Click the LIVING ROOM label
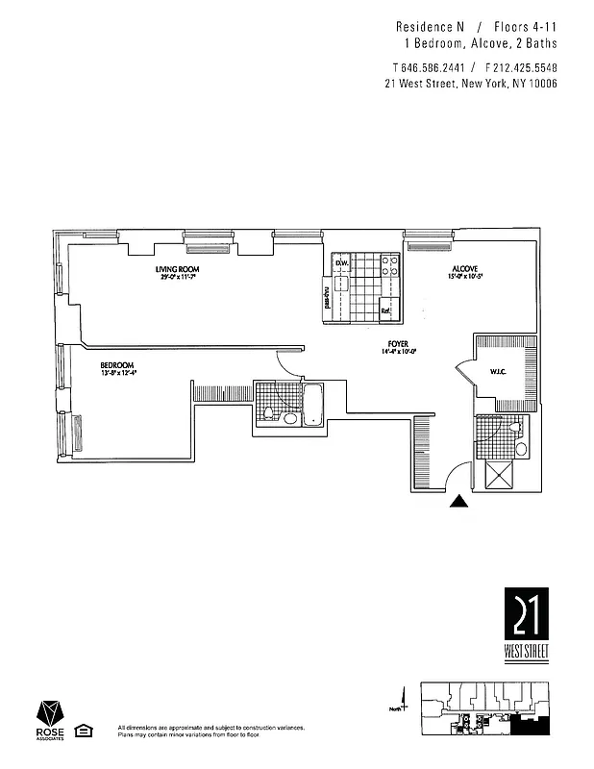[181, 269]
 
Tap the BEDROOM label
[116, 364]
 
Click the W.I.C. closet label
[499, 371]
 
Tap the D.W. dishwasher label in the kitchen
[340, 263]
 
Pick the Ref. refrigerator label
[385, 310]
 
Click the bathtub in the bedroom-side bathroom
[313, 404]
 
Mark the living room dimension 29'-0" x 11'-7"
[181, 278]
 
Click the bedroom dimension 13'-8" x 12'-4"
[118, 373]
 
